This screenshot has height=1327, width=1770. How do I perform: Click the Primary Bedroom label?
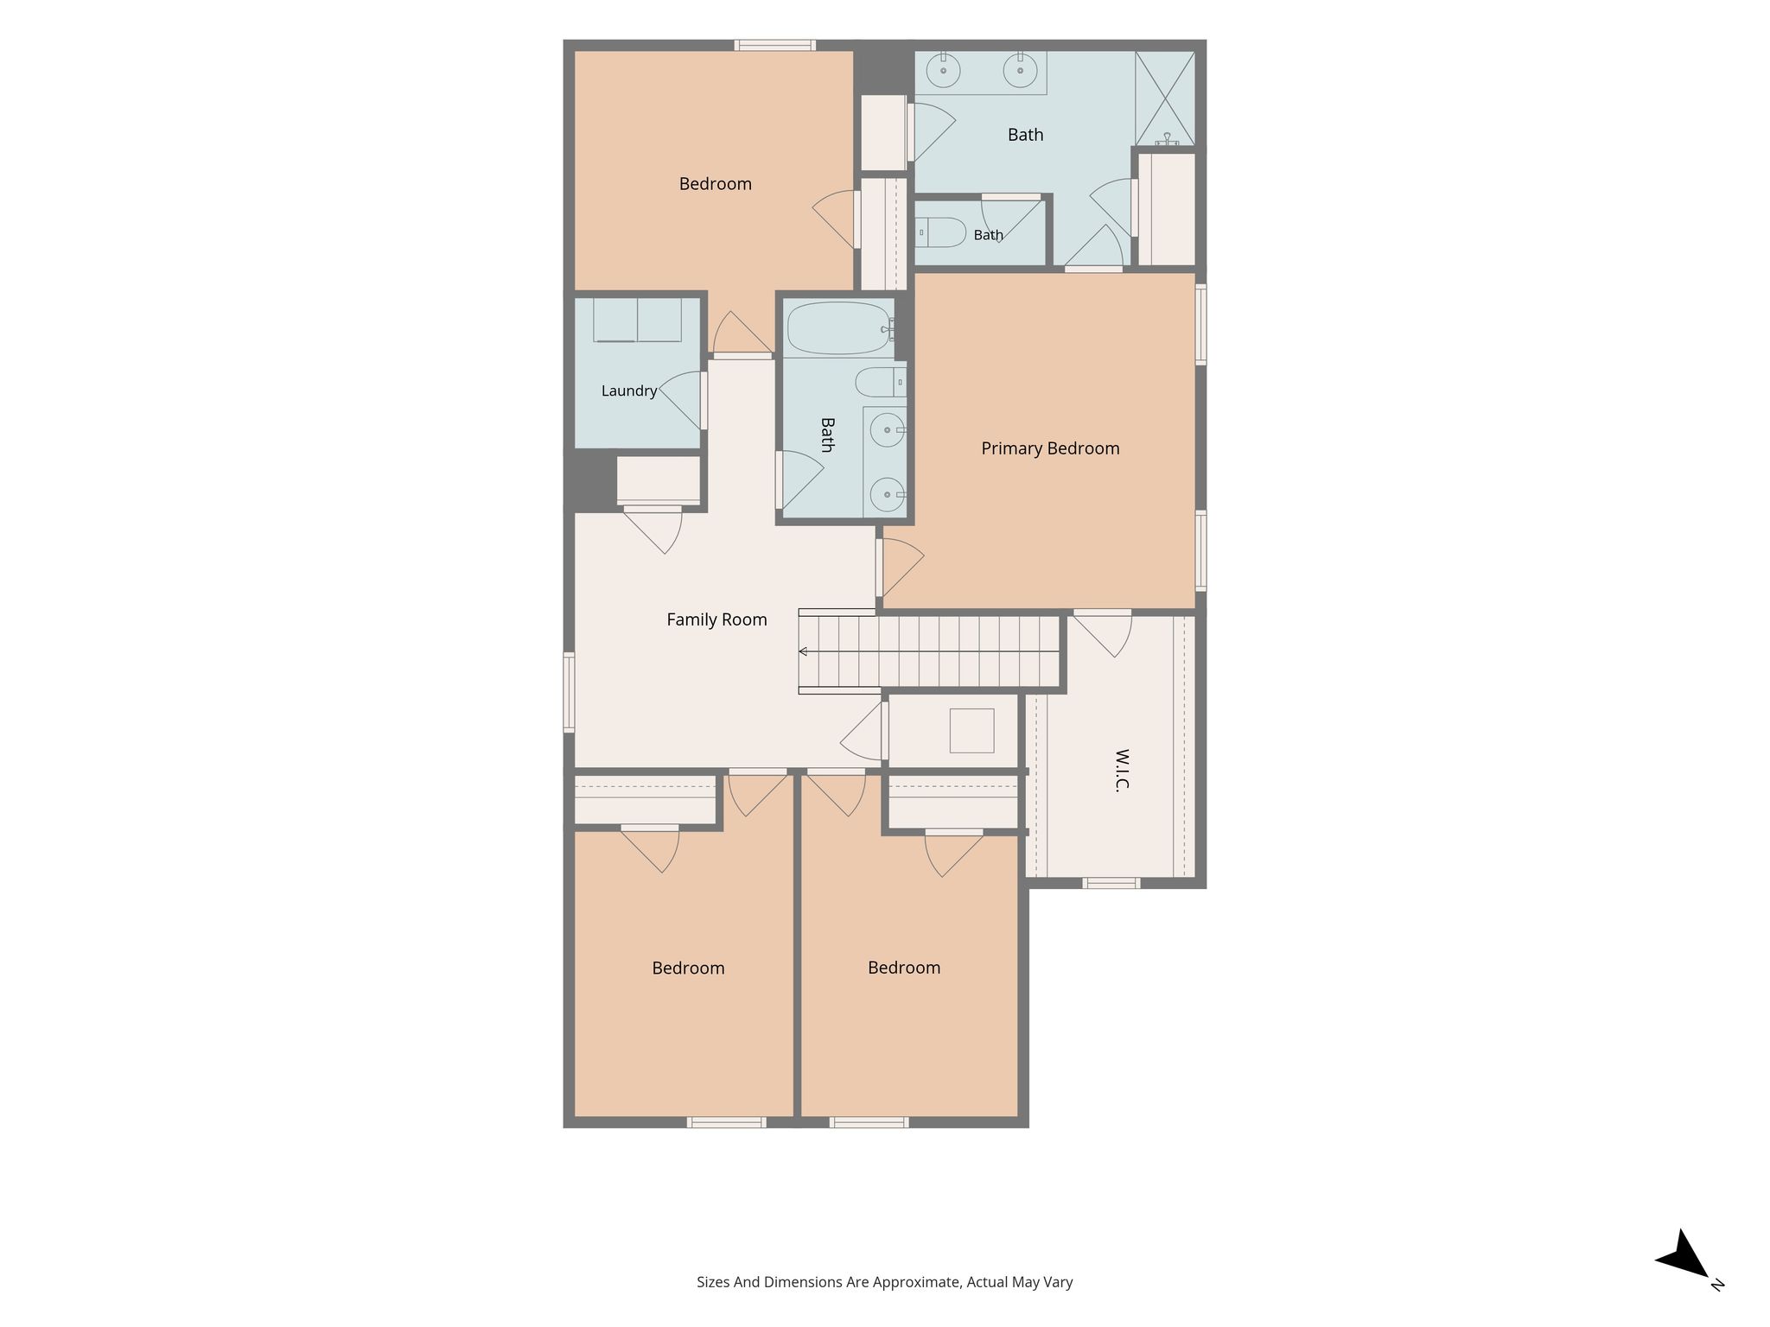point(1050,448)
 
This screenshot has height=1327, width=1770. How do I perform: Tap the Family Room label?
point(716,619)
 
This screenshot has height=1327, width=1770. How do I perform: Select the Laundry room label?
point(629,391)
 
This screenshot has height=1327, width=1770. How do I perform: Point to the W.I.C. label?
point(1122,770)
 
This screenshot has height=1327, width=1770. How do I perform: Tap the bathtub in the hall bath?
point(839,328)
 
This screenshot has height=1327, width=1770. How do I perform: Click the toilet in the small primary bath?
point(940,232)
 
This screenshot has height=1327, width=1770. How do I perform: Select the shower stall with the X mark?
point(1165,98)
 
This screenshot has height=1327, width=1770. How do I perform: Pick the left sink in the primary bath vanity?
point(944,70)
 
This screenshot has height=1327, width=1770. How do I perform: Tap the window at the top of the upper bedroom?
point(775,45)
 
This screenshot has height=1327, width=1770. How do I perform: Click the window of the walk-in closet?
point(1111,883)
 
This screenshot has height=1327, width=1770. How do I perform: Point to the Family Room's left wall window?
point(569,693)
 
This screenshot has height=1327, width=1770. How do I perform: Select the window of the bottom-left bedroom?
point(727,1122)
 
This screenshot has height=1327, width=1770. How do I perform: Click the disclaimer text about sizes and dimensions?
point(885,1282)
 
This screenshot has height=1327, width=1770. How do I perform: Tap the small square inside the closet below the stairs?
point(971,731)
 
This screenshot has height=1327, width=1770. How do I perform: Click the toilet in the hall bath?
point(881,382)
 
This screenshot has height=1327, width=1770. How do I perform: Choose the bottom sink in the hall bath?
point(888,496)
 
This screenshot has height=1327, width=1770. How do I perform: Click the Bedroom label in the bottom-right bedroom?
point(904,968)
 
